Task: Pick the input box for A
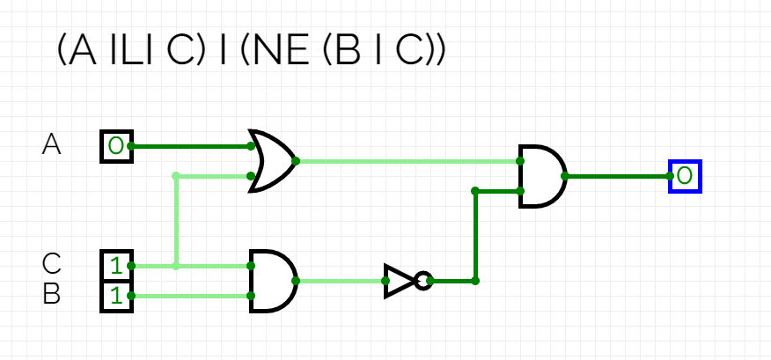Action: point(116,146)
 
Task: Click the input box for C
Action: point(116,265)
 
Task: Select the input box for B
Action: point(116,296)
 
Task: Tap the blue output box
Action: point(685,176)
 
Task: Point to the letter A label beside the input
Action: point(52,144)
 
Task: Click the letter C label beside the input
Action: point(52,263)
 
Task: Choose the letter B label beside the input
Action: point(52,294)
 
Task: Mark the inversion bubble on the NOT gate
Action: point(423,281)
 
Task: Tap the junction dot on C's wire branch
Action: point(176,265)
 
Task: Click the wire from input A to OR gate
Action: point(189,146)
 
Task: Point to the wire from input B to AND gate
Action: point(189,296)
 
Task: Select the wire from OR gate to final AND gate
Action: point(405,161)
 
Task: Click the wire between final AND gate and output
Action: point(616,176)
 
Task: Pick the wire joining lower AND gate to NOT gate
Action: point(339,281)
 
